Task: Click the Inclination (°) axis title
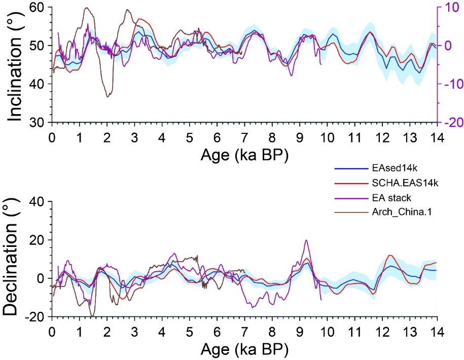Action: coord(17,65)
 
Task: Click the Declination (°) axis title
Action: coord(17,259)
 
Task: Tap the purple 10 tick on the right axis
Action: coord(451,7)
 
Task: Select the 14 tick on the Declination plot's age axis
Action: coord(436,332)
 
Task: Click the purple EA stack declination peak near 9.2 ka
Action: coord(306,240)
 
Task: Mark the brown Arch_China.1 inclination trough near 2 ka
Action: coord(107,96)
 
